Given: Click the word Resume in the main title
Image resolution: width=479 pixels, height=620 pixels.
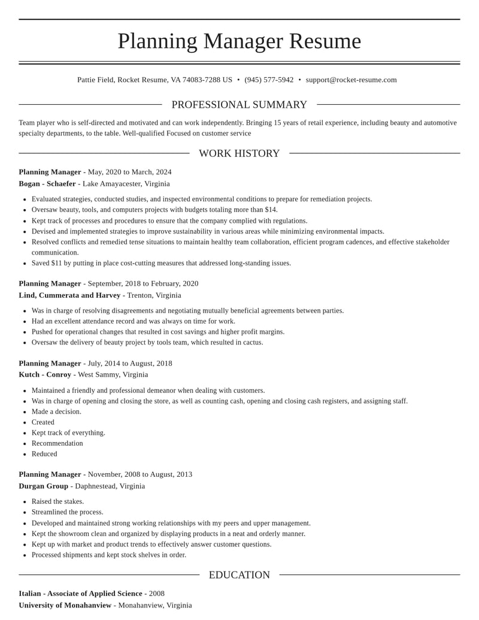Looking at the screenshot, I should [325, 41].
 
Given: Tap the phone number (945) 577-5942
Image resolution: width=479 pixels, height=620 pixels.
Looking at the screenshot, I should [269, 80].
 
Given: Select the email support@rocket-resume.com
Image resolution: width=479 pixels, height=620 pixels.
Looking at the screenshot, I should [351, 80].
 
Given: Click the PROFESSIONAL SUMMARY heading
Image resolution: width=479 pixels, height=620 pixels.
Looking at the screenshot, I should [239, 105].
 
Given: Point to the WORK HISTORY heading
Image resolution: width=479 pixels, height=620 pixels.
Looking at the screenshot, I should [239, 153].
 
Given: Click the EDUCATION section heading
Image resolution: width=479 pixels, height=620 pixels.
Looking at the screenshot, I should [239, 575].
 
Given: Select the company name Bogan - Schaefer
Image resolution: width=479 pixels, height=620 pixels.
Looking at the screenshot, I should [47, 184].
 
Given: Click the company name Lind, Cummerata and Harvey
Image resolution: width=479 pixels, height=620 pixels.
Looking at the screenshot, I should [69, 295].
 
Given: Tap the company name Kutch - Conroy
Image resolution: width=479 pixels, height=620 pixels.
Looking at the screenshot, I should [45, 374].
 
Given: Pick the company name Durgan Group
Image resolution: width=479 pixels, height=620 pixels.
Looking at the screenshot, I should [43, 486].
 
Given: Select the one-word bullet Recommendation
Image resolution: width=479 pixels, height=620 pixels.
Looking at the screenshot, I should [57, 443].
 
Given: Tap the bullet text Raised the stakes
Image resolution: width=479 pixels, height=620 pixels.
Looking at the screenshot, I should [57, 501].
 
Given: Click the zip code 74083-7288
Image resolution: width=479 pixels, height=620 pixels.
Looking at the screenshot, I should [202, 80].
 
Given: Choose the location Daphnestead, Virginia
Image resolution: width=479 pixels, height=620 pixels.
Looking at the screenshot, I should [110, 486].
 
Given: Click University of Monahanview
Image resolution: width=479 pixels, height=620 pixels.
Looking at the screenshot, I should [65, 605].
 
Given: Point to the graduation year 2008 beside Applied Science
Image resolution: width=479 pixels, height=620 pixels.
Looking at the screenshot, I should [157, 594].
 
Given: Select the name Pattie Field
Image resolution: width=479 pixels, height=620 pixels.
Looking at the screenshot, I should [95, 80].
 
